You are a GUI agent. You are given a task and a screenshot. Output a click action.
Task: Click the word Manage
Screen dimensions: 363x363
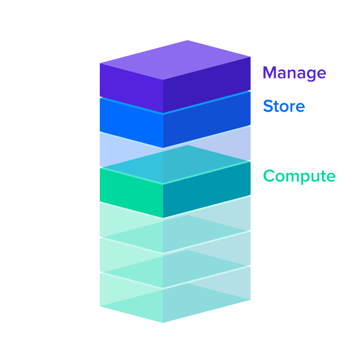coord(294,73)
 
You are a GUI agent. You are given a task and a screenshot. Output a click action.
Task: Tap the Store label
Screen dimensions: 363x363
coord(283,106)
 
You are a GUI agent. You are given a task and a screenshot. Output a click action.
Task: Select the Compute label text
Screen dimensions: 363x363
coord(299,176)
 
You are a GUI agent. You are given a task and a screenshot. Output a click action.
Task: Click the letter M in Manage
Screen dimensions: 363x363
coord(270,73)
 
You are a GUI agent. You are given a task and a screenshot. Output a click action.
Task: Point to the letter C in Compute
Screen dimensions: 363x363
coord(269,176)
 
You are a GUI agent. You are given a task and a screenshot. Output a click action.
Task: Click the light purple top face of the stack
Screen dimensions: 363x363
coord(175,59)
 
